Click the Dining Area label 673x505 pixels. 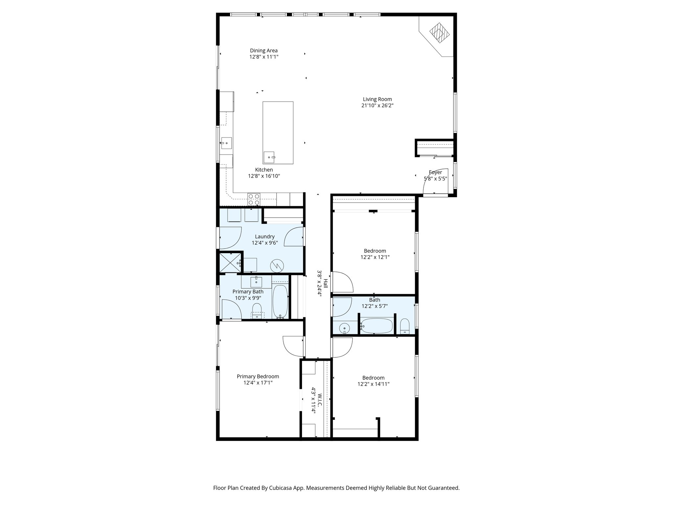(x=264, y=51)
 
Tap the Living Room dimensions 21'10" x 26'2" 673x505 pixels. (x=377, y=106)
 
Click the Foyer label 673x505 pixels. (x=435, y=172)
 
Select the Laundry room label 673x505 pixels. (x=265, y=237)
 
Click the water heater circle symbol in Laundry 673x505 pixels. (x=276, y=265)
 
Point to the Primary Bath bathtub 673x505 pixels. (x=280, y=301)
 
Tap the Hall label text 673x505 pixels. (x=325, y=283)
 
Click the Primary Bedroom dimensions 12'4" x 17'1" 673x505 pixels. (x=258, y=383)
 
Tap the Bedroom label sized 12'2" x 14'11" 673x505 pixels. (x=373, y=378)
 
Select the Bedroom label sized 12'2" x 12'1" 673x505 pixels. (x=375, y=251)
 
